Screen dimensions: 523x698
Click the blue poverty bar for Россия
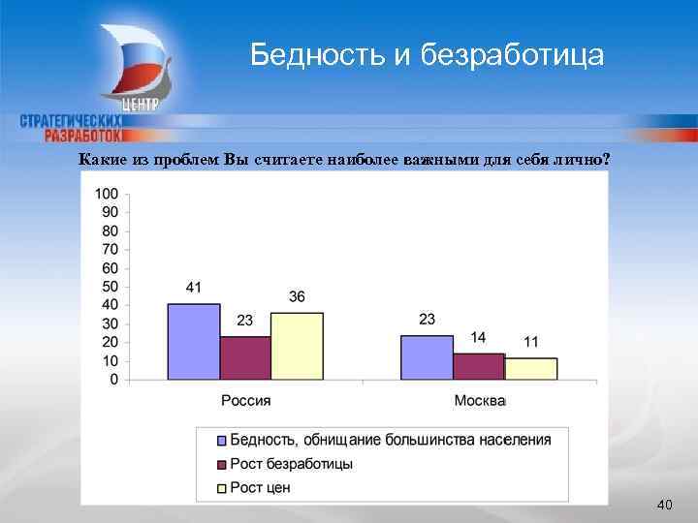tap(194, 341)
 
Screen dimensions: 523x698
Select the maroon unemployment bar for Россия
tap(245, 357)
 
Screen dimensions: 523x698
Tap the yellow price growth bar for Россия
tap(297, 346)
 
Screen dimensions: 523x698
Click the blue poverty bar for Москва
tap(427, 357)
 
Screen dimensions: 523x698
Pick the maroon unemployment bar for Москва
tap(479, 366)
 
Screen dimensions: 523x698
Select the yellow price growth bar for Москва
tap(531, 369)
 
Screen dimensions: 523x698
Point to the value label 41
tap(194, 287)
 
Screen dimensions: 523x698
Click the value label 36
tap(297, 296)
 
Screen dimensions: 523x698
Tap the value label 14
tap(479, 337)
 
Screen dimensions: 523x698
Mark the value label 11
tap(531, 342)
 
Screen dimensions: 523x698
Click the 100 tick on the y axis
tap(107, 194)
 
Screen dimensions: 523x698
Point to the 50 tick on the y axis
tap(110, 287)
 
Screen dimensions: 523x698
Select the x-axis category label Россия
tap(245, 400)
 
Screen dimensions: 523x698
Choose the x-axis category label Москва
tap(479, 400)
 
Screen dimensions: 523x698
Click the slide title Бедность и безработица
tap(427, 55)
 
